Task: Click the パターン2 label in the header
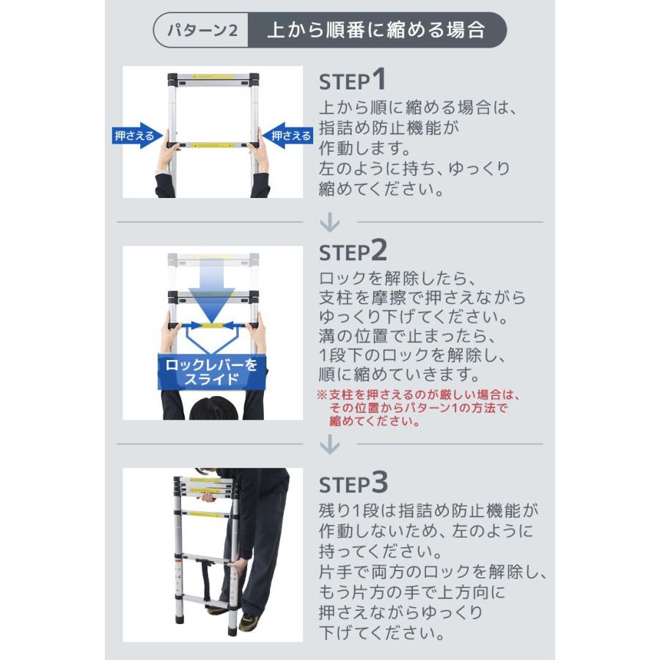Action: click(x=202, y=30)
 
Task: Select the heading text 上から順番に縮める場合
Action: click(x=376, y=30)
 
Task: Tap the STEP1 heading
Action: click(x=352, y=79)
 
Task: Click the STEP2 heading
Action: click(x=353, y=251)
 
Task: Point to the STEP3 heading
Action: click(x=353, y=483)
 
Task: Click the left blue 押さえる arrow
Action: click(x=137, y=136)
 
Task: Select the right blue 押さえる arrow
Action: click(x=287, y=136)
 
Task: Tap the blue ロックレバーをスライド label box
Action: click(x=212, y=372)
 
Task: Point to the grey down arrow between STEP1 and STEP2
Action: click(x=329, y=221)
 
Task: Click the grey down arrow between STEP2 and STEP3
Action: click(x=329, y=444)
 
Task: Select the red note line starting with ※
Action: click(x=418, y=395)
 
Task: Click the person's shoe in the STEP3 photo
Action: click(x=249, y=621)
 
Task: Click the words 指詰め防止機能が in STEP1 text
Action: click(x=389, y=128)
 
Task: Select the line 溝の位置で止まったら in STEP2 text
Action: click(x=408, y=336)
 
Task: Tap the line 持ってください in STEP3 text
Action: click(x=380, y=551)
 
